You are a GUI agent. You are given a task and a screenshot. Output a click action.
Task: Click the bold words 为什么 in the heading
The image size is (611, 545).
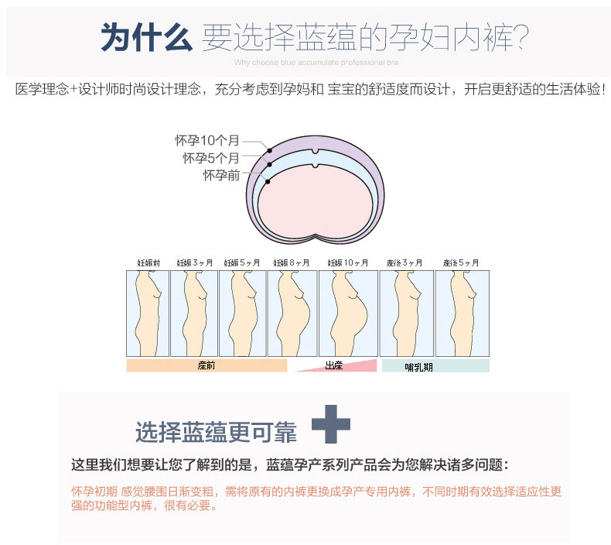[x=146, y=36]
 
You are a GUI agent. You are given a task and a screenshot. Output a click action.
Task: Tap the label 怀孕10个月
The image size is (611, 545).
[x=207, y=141]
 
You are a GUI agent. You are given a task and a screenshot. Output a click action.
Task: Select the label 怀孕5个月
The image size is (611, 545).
[x=210, y=158]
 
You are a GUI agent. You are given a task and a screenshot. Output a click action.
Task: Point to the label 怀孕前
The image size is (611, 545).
[x=221, y=175]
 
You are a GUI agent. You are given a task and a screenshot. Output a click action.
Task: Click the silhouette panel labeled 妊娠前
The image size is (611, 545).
[x=147, y=313]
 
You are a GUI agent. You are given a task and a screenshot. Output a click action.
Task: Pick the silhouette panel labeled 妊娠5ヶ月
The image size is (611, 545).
[x=242, y=313]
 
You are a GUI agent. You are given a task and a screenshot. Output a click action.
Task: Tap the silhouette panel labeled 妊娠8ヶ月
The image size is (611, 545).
[x=292, y=313]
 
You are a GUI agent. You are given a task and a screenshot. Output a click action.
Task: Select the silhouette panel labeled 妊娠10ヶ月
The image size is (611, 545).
[x=348, y=313]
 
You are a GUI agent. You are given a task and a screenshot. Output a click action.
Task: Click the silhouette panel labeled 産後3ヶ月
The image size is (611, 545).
[x=406, y=313]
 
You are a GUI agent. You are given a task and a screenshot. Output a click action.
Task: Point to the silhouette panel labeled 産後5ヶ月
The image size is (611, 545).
[x=462, y=313]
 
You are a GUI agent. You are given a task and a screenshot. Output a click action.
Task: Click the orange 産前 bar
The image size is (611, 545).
[x=207, y=365]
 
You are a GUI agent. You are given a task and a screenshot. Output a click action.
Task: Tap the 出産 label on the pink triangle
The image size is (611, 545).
[x=335, y=365]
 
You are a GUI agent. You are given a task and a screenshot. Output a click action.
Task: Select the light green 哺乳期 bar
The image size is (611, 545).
[x=435, y=365]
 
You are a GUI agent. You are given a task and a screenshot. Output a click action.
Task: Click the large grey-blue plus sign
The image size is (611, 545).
[x=330, y=424]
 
